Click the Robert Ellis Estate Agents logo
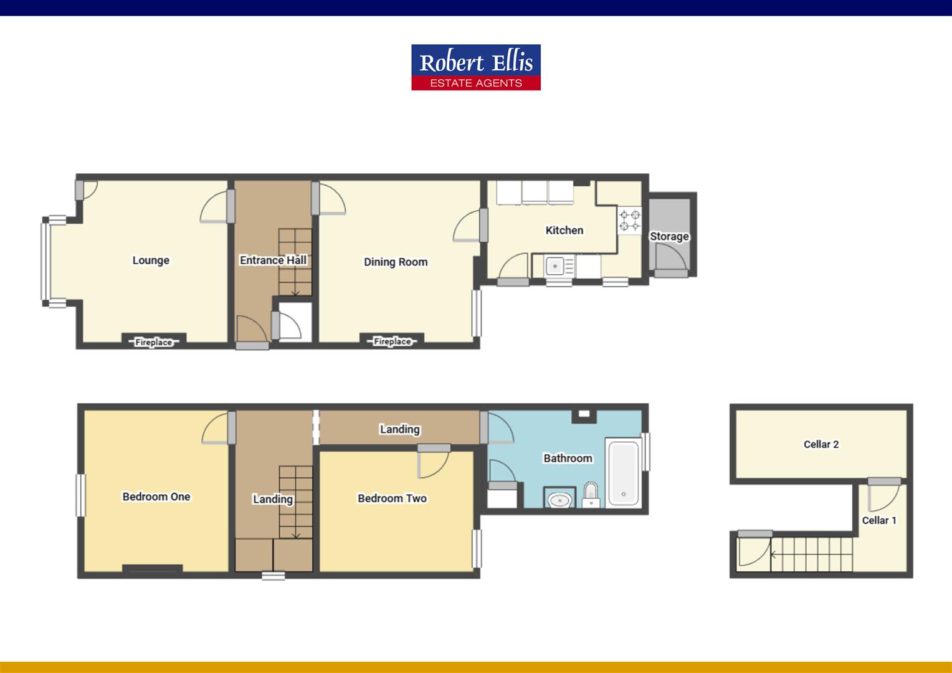(475, 67)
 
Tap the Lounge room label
(151, 260)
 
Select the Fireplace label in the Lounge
(153, 342)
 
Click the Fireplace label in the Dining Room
(392, 341)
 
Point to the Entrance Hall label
(273, 260)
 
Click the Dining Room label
(396, 262)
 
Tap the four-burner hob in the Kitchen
(629, 221)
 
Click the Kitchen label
(564, 231)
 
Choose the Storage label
(669, 237)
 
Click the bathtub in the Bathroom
(623, 473)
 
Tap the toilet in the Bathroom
(591, 494)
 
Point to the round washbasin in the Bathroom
(559, 499)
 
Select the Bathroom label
(568, 459)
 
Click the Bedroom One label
(156, 497)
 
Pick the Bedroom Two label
(392, 499)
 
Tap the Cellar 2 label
(821, 444)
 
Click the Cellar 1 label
(879, 520)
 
